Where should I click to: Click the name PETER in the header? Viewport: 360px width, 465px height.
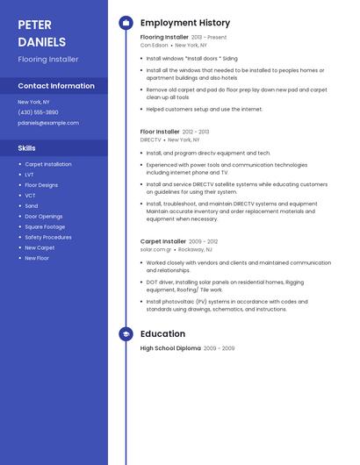click(34, 25)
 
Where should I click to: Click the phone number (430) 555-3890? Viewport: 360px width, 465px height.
click(38, 112)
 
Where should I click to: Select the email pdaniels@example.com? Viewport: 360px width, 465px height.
click(48, 123)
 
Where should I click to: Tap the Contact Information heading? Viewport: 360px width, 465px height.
click(56, 86)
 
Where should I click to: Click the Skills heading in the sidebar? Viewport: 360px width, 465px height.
click(26, 148)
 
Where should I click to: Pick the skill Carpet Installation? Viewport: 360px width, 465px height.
click(48, 164)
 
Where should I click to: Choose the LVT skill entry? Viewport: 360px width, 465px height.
click(30, 175)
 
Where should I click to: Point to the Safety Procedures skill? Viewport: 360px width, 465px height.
click(48, 237)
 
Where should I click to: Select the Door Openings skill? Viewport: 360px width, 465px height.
click(44, 216)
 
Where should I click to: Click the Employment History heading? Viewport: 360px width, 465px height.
click(185, 23)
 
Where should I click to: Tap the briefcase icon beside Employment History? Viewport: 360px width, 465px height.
click(126, 23)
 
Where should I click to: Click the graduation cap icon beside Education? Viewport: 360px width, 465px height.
click(126, 334)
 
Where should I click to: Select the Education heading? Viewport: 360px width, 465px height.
click(162, 334)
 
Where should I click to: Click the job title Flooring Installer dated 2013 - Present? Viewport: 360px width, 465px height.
click(164, 38)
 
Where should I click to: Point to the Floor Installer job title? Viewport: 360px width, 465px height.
click(160, 132)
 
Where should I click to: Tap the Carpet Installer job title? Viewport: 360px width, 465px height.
click(163, 241)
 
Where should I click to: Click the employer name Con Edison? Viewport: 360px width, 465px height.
click(155, 45)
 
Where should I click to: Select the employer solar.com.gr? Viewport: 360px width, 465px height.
click(156, 249)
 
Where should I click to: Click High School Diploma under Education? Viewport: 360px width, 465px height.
click(170, 348)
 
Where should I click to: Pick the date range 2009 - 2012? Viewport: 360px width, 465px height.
click(204, 241)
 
